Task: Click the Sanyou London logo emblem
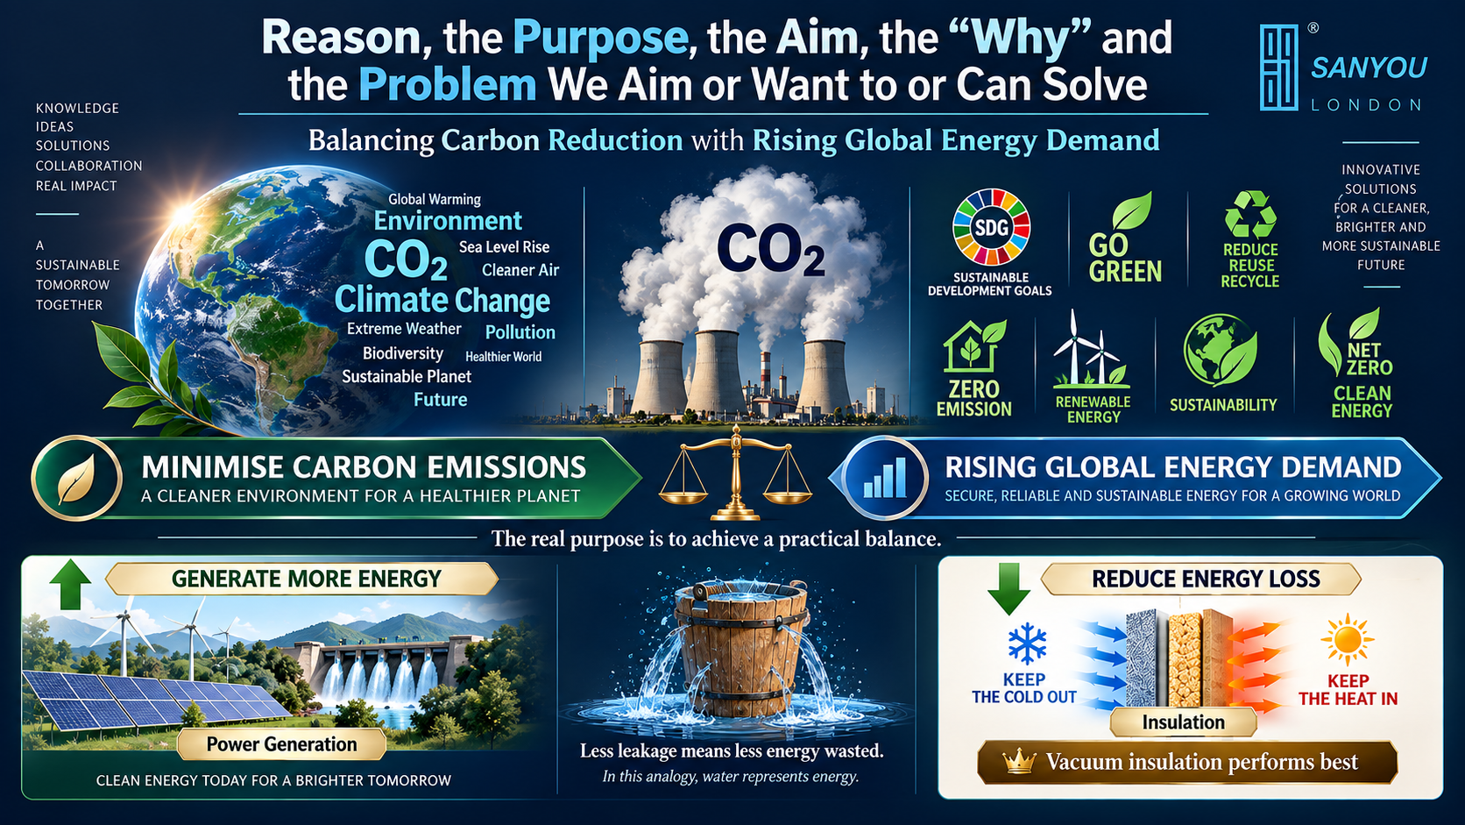coord(1278,68)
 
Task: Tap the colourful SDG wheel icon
coord(992,227)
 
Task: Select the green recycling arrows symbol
coord(1249,214)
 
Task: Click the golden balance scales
coord(736,473)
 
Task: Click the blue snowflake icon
coord(1027,644)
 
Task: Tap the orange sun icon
coord(1348,640)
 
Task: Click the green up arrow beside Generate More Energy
coord(70,584)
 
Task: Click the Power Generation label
coord(282,744)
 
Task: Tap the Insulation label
coord(1183,722)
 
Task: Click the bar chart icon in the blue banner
coord(884,478)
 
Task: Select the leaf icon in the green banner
coord(76,478)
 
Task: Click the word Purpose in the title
coord(599,38)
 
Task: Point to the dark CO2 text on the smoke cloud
coord(770,249)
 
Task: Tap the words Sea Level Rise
coord(504,246)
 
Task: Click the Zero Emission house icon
coord(973,347)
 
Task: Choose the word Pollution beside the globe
coord(520,332)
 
